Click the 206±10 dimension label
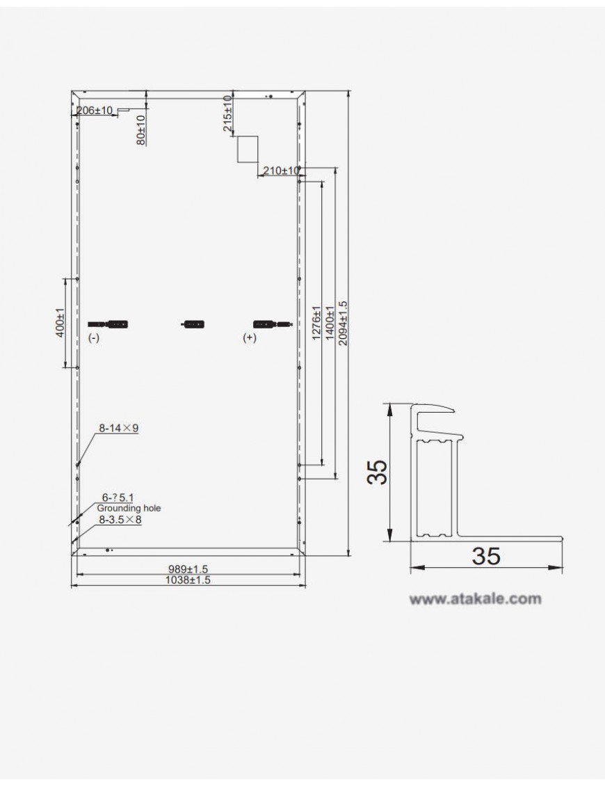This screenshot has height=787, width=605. point(95,111)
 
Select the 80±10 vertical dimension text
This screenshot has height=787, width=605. point(140,129)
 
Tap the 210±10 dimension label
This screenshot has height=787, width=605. point(281,170)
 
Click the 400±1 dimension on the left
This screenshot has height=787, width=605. point(60,323)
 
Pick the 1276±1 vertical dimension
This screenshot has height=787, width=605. point(317,323)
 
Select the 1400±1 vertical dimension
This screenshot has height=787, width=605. point(330,323)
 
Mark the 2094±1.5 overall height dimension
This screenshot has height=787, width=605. point(341,323)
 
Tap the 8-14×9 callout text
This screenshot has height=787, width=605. point(118,429)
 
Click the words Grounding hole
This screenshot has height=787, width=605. point(129,508)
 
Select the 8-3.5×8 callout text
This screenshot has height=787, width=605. point(120,519)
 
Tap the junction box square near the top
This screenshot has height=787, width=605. point(248,149)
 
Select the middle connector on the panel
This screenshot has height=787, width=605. point(193,324)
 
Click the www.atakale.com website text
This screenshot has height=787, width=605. point(475,598)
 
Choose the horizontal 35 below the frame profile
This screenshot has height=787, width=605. point(485,556)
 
